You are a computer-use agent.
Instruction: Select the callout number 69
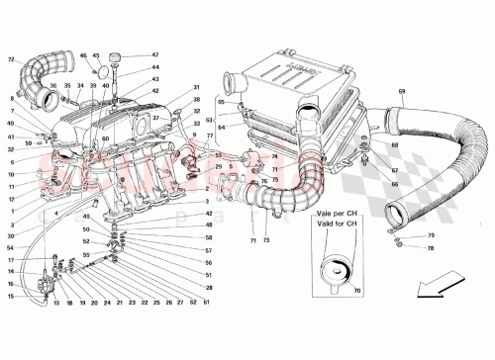[x=402, y=92]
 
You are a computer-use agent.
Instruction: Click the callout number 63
[x=211, y=119]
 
